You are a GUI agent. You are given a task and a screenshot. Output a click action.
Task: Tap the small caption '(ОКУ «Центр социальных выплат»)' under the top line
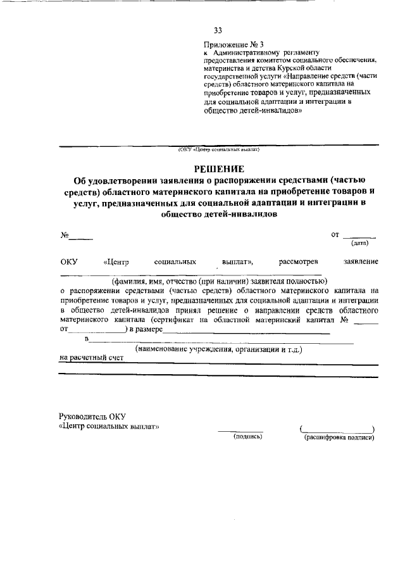tap(219, 150)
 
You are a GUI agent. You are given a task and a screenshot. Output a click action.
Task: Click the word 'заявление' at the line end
tap(361, 261)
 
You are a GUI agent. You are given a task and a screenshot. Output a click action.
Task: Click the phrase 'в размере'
tap(146, 330)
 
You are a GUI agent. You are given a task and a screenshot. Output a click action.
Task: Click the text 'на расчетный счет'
tap(91, 358)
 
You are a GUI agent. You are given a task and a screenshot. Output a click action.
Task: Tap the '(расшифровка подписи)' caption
tap(339, 436)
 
